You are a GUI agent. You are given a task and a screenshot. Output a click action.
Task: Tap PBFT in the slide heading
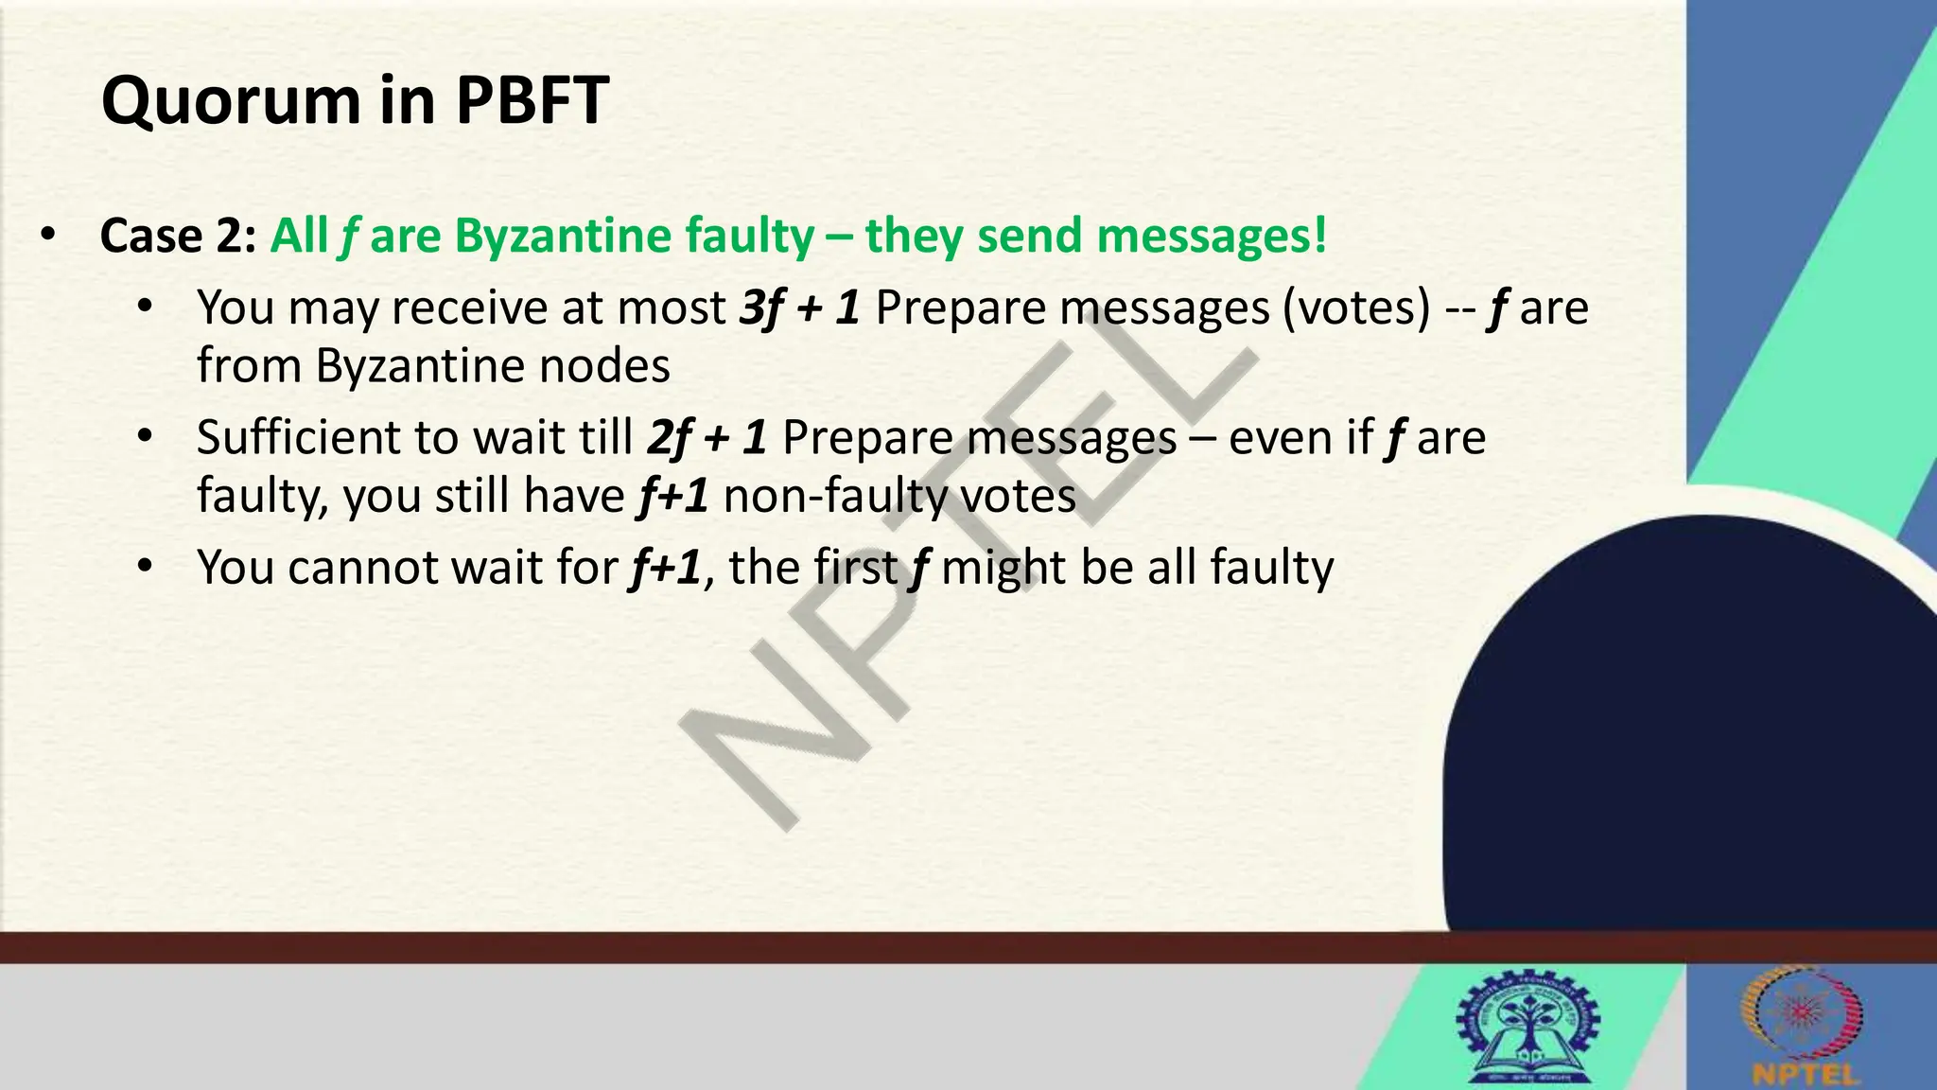pos(532,100)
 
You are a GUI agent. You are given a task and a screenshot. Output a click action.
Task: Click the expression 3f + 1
pos(799,308)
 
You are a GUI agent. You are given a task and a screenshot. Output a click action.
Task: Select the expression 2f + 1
pos(707,438)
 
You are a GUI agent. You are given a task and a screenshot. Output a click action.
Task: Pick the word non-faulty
pos(822,496)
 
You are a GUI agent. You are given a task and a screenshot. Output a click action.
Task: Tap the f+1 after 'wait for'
pos(665,568)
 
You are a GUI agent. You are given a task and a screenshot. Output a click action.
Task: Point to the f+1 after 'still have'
pos(672,496)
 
